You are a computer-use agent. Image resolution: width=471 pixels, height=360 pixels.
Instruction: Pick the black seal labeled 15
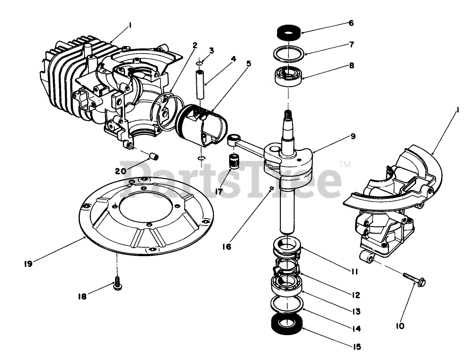287,325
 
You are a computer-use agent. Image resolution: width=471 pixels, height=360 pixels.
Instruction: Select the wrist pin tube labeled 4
201,84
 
